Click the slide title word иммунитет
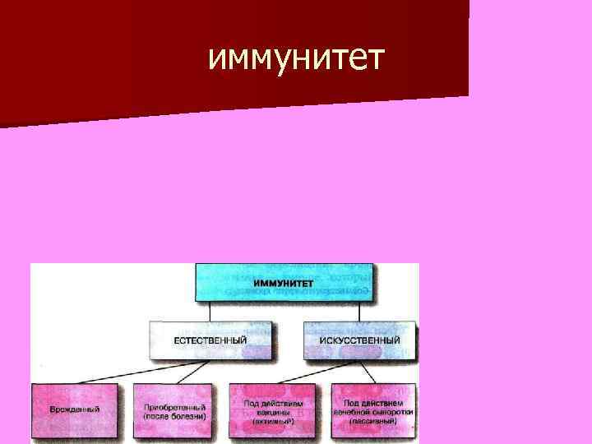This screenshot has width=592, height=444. coord(295,59)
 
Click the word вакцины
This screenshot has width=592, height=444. coord(273,411)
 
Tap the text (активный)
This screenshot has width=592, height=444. coord(273,420)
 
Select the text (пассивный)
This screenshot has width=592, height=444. coord(373,420)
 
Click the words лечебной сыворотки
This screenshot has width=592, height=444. coord(373,411)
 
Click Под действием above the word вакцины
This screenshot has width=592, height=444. coord(273,402)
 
